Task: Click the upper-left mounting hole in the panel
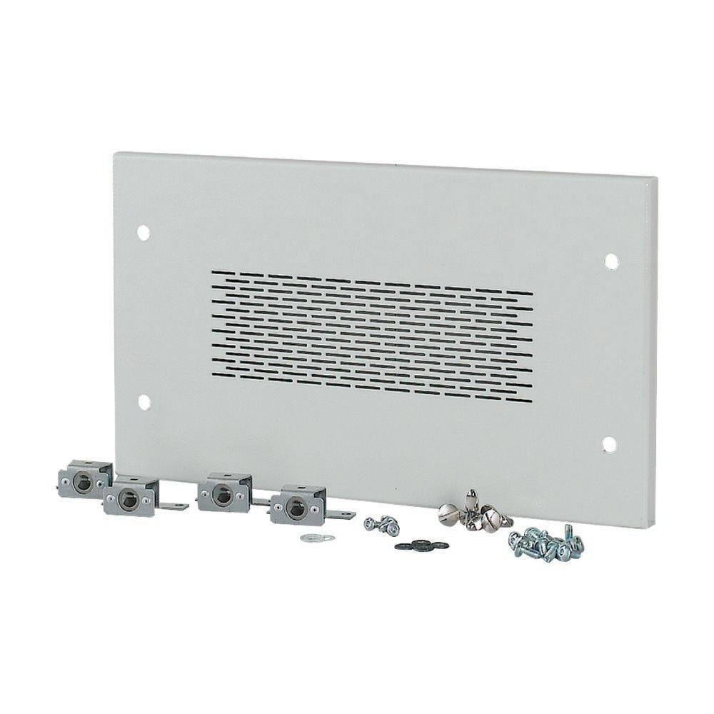[x=143, y=232]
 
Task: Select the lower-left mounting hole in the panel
[x=143, y=400]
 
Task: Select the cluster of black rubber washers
[x=413, y=544]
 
